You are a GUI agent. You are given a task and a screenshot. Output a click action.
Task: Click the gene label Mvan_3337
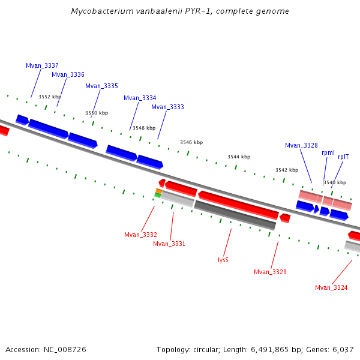click(x=42, y=65)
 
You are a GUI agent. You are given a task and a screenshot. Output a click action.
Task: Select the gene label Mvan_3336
click(x=68, y=75)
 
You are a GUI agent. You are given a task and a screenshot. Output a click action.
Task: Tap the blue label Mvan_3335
click(x=101, y=86)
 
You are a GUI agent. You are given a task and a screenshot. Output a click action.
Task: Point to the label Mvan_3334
click(x=140, y=98)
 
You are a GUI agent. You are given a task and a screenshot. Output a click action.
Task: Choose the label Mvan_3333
click(x=167, y=107)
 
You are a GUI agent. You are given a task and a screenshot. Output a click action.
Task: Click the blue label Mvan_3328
click(x=301, y=145)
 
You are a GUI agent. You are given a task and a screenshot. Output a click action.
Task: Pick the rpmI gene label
click(x=328, y=153)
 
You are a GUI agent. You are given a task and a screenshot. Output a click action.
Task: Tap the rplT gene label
click(x=343, y=157)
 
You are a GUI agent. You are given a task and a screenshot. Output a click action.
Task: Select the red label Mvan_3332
click(x=140, y=235)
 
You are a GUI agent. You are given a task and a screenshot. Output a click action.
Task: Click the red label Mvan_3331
click(x=169, y=244)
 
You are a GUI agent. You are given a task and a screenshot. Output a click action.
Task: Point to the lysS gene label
click(x=223, y=260)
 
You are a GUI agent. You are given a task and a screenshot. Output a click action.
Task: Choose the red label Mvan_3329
click(x=270, y=272)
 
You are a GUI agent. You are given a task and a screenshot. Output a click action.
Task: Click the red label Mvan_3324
click(x=331, y=288)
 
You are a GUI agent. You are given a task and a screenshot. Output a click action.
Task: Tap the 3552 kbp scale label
click(x=50, y=97)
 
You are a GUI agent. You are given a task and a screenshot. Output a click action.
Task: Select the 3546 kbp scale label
click(x=191, y=142)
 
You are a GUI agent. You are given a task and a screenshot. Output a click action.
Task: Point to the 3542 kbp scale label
click(x=287, y=170)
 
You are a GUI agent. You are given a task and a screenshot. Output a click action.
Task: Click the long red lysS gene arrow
click(x=239, y=205)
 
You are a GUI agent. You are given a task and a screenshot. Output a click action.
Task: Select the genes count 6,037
click(x=342, y=349)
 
